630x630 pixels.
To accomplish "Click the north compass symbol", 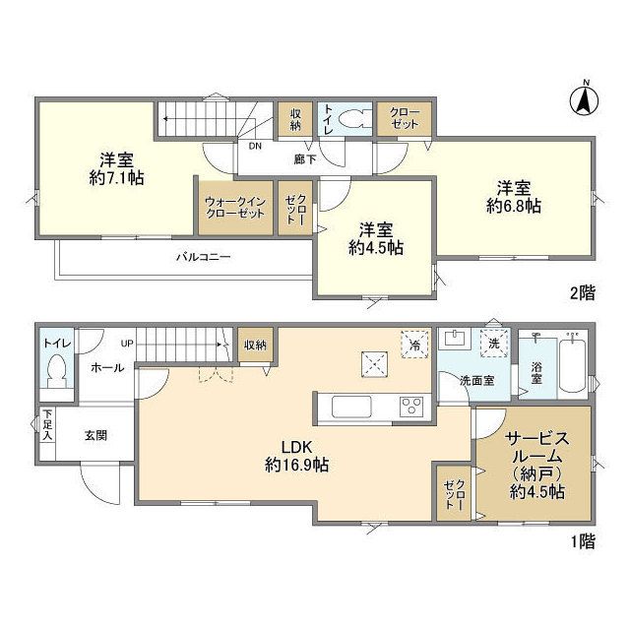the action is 584,99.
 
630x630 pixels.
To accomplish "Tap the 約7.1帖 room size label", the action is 117,178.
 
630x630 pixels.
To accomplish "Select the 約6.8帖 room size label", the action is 514,206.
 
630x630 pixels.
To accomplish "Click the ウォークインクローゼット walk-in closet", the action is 235,208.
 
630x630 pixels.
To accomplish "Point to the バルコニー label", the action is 204,257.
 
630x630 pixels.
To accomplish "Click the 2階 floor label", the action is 583,293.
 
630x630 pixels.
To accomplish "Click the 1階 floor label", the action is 583,542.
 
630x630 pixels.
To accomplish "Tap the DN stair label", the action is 255,147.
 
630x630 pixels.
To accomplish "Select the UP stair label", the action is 127,344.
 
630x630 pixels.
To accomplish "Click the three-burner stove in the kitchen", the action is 411,407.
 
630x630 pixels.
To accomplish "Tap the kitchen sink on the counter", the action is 351,407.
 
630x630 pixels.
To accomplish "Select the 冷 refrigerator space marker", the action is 414,345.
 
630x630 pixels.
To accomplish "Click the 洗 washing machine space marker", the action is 494,344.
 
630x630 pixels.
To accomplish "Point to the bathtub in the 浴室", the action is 573,366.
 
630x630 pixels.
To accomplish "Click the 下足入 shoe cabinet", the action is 47,425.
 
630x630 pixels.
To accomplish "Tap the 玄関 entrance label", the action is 95,435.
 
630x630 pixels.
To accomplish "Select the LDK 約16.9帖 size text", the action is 297,465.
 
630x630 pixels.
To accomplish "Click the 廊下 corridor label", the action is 305,159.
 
